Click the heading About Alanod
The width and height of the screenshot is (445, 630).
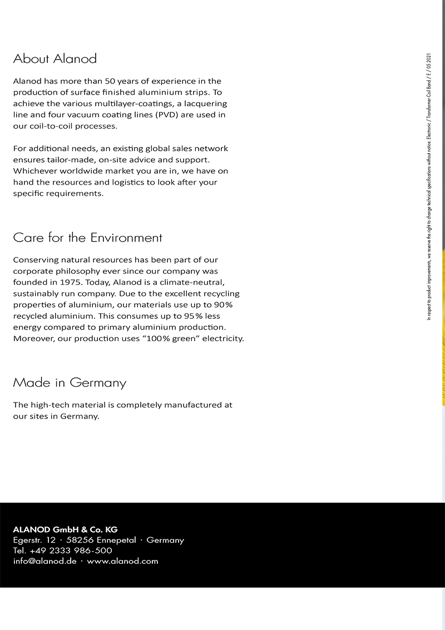[x=55, y=58]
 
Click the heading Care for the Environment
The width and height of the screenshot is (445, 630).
[x=87, y=238]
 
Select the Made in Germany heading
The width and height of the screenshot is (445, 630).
[x=70, y=383]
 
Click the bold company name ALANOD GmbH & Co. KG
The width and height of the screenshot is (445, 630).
[x=65, y=529]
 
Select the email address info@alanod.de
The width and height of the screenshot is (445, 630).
[x=44, y=561]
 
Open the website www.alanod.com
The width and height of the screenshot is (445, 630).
[x=122, y=561]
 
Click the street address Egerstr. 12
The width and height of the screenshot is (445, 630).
[x=34, y=540]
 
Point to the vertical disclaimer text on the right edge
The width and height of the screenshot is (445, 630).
[x=428, y=186]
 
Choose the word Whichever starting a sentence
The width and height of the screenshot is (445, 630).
[x=36, y=171]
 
